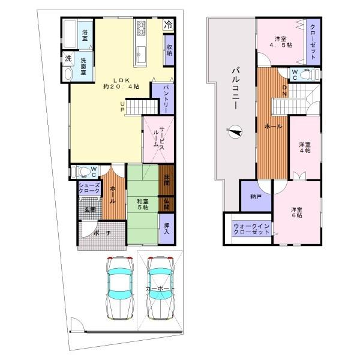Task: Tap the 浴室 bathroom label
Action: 86,31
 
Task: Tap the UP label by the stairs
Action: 122,106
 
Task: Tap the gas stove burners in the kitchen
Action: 142,27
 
